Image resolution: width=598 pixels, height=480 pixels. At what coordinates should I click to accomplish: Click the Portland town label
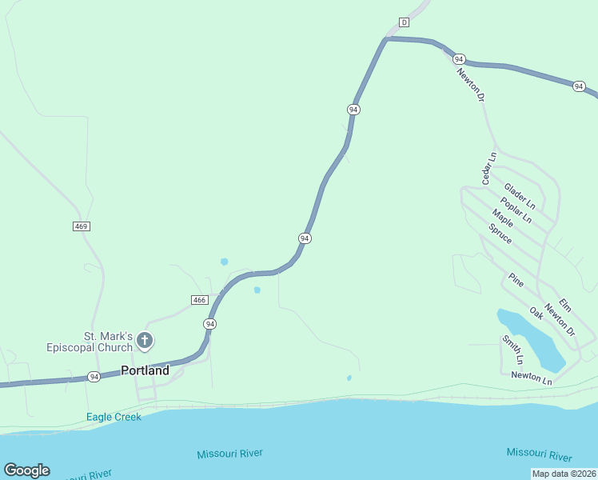[145, 370]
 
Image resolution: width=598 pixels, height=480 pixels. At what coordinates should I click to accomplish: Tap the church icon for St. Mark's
[145, 342]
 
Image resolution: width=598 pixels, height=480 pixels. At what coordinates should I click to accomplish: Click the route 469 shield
[81, 226]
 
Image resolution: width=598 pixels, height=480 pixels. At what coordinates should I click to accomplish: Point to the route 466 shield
[200, 300]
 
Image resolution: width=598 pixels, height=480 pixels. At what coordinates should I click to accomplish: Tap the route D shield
[404, 22]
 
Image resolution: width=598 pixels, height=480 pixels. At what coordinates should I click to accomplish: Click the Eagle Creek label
[114, 417]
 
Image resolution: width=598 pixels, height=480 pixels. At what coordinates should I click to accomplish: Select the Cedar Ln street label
[488, 169]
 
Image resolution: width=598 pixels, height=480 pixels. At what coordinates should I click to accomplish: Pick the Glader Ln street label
[519, 196]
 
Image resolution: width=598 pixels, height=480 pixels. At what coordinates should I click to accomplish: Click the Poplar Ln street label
[516, 210]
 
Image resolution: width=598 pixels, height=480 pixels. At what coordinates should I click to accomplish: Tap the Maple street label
[503, 218]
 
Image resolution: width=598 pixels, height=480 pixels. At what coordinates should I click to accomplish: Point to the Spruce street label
[500, 233]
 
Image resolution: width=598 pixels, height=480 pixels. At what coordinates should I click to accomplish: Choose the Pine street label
[516, 280]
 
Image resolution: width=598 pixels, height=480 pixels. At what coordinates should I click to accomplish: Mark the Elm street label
[565, 305]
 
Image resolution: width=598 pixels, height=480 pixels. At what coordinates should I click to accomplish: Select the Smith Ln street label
[512, 349]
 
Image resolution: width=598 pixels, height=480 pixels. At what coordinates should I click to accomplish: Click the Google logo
[26, 470]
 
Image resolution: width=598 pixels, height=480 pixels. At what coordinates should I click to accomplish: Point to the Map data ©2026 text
[564, 474]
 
